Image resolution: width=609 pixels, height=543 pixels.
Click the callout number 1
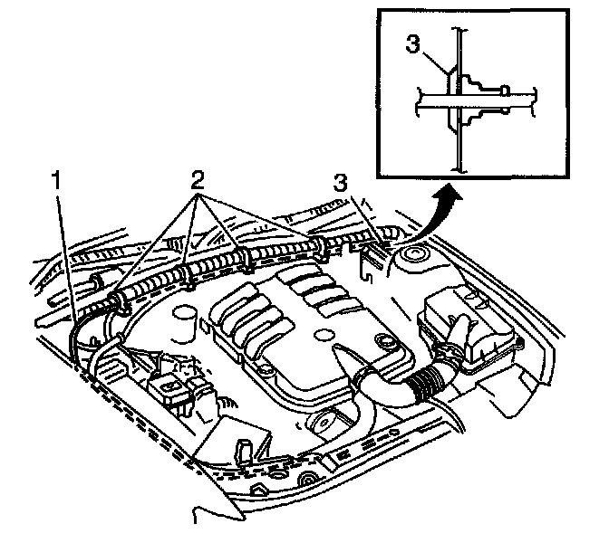(x=55, y=180)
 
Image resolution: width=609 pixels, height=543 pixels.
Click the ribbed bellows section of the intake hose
(x=421, y=386)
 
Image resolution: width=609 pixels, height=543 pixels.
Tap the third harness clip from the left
(x=247, y=261)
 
